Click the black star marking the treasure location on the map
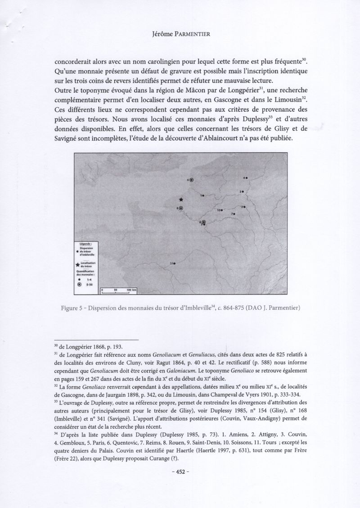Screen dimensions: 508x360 (181, 199)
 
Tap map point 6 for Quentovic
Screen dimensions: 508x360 (192, 180)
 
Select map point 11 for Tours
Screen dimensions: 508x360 (174, 263)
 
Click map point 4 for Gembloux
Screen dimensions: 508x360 (247, 178)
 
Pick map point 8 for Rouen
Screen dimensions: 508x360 (181, 208)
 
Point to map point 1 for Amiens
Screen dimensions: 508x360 (204, 195)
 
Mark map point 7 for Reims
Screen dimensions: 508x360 (235, 213)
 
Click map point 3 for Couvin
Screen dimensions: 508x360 (243, 192)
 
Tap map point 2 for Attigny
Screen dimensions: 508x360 (244, 207)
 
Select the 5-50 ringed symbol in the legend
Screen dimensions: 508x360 (80, 284)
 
